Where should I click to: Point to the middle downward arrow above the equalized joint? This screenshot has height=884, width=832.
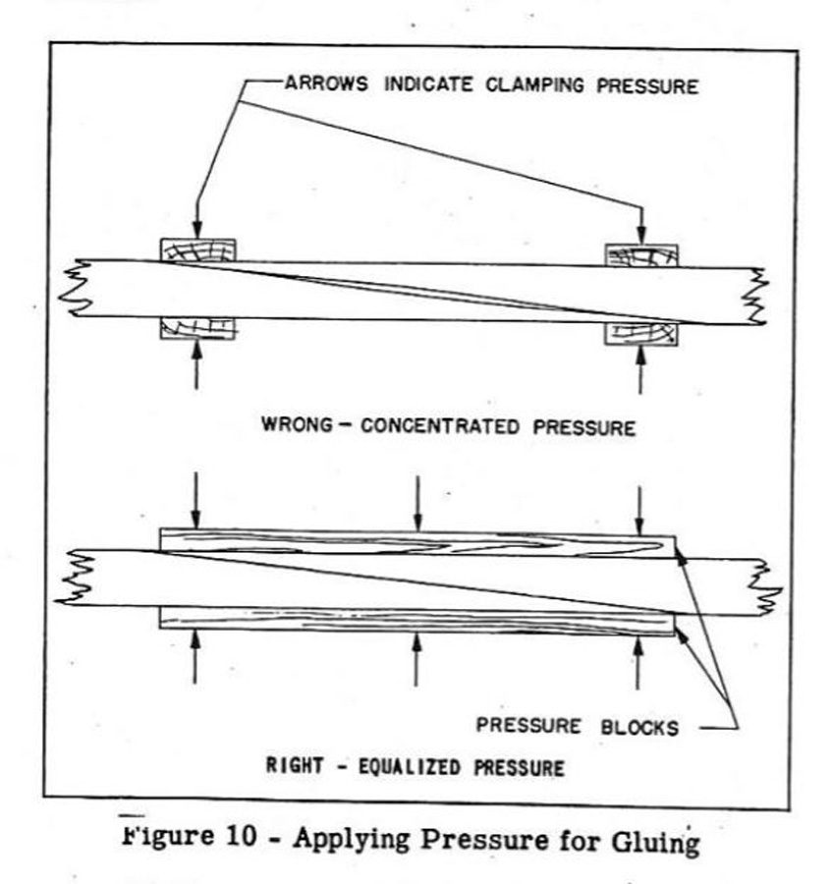[x=418, y=501]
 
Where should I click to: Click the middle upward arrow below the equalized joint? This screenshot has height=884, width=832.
[x=417, y=658]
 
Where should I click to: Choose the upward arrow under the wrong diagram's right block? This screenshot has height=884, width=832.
[x=641, y=371]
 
